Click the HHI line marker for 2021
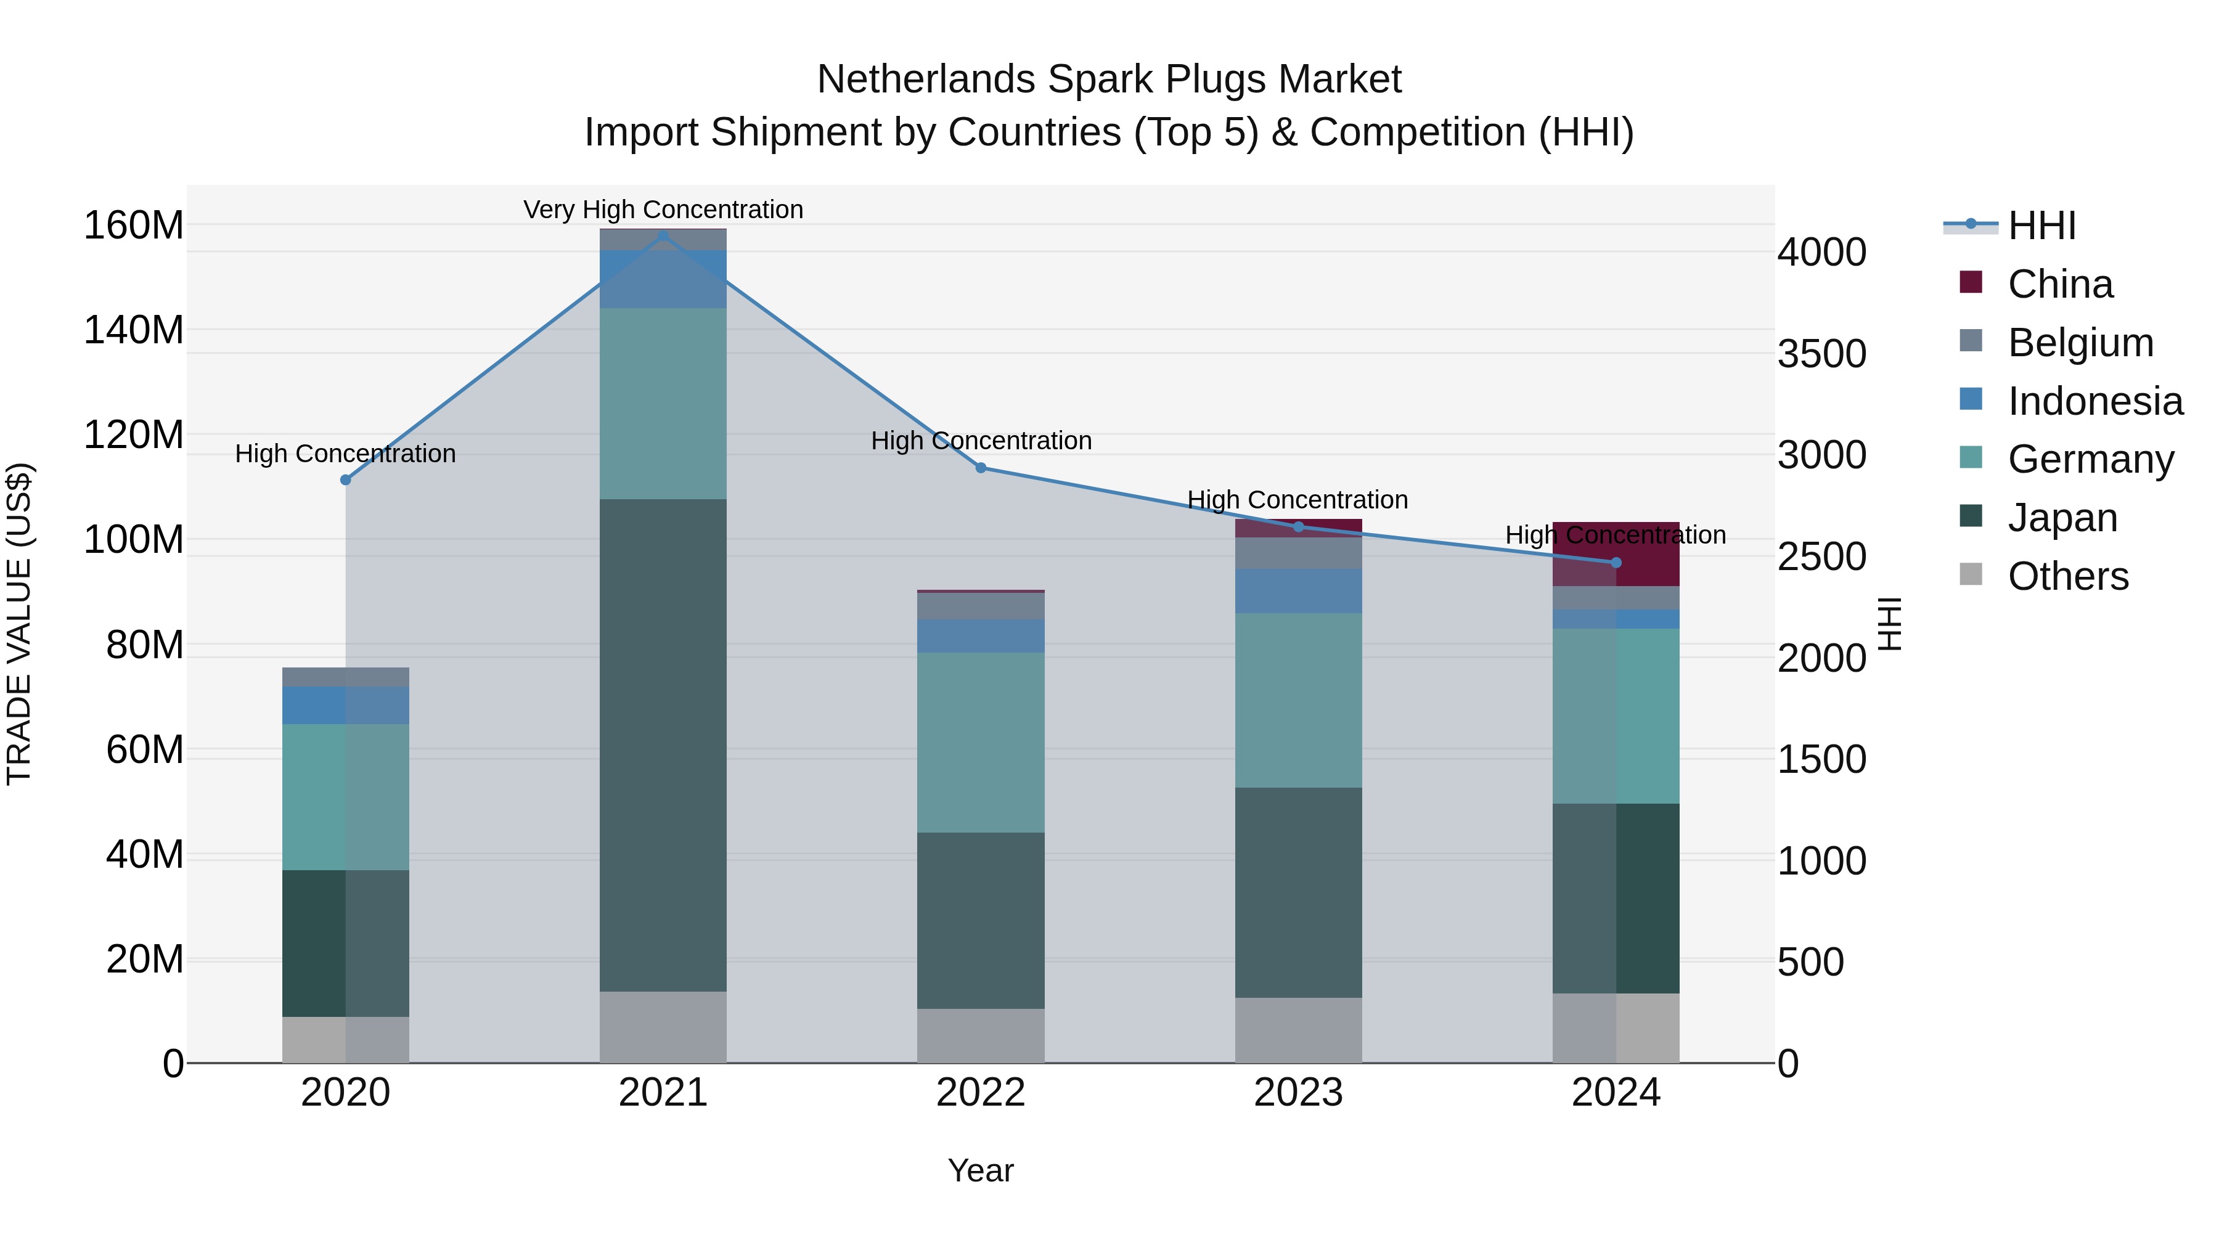click(x=663, y=236)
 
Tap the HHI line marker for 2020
click(x=345, y=479)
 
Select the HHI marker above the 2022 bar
click(x=980, y=468)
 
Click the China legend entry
click(x=2059, y=284)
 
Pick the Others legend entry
click(x=2067, y=576)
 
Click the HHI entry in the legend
click(x=2041, y=226)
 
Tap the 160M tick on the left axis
click(x=134, y=226)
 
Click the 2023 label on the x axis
click(x=1298, y=1093)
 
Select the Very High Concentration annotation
click(x=663, y=210)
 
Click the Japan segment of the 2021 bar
click(x=663, y=745)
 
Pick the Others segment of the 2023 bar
click(x=1298, y=1030)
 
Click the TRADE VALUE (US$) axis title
click(x=19, y=624)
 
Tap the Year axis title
click(x=980, y=1170)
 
